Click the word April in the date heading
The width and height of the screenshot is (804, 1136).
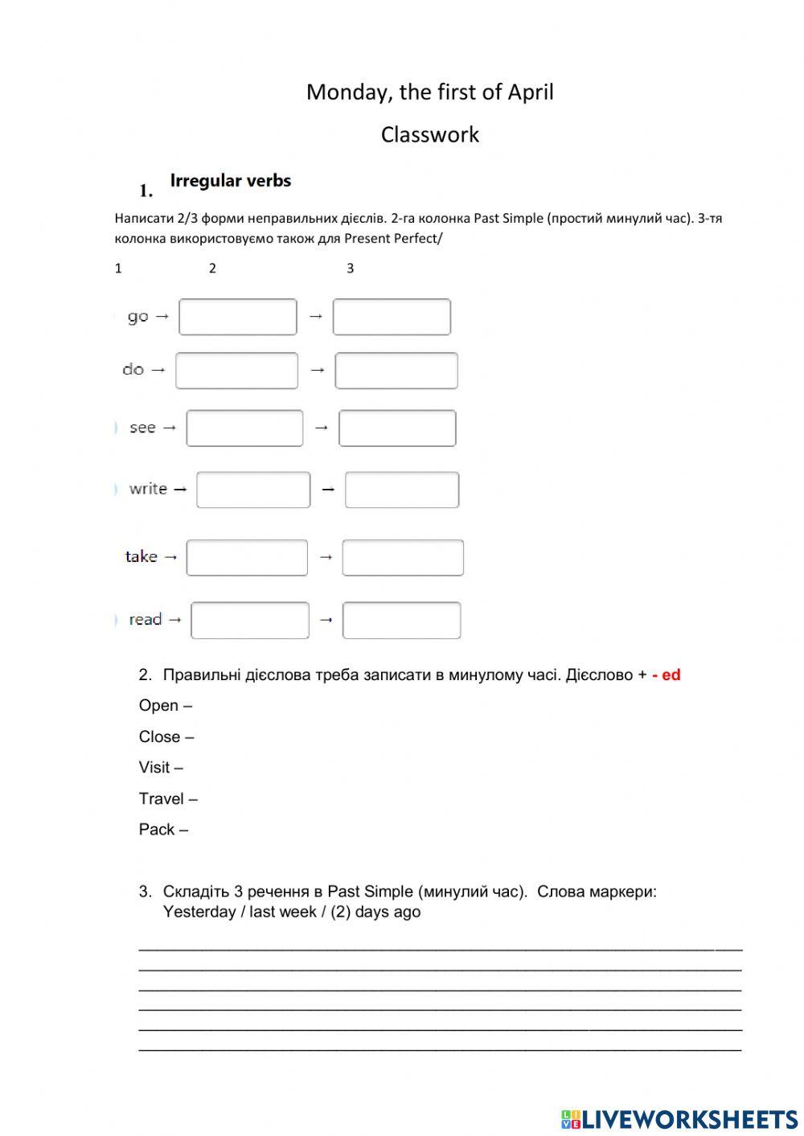[x=530, y=92]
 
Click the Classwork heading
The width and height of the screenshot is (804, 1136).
[x=429, y=134]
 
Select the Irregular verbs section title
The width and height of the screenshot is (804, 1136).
[x=230, y=181]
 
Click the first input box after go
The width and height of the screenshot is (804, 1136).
[x=237, y=317]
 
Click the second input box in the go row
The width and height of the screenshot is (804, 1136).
[x=392, y=317]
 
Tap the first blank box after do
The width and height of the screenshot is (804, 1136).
[x=236, y=371]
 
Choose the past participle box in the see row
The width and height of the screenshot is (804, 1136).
[x=397, y=428]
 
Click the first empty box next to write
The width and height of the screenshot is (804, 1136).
[x=253, y=490]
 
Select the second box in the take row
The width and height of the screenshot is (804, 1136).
[x=403, y=558]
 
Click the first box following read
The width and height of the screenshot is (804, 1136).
[x=250, y=621]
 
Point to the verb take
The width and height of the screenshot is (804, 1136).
[x=142, y=556]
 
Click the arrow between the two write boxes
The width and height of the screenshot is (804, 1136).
[x=327, y=489]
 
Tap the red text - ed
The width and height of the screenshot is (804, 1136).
[x=666, y=675]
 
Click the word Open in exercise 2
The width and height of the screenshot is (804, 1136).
[x=158, y=706]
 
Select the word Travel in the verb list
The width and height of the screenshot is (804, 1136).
[x=162, y=798]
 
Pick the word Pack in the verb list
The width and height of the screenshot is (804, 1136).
[x=157, y=830]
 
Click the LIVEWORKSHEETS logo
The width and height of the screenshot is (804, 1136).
[x=679, y=1118]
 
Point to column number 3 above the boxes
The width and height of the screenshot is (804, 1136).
[x=350, y=269]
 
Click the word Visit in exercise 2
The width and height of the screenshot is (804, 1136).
[x=154, y=768]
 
